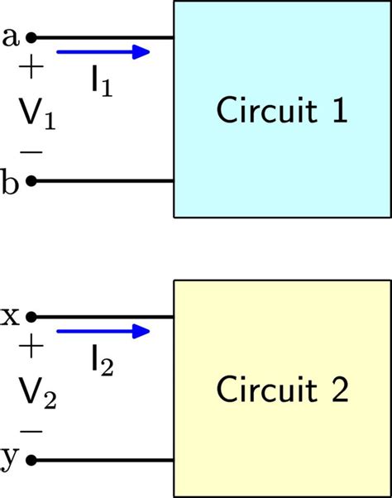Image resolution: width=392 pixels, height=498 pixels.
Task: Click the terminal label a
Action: [11, 36]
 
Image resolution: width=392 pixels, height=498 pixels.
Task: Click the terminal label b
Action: [11, 182]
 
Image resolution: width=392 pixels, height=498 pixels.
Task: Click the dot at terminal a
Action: [31, 37]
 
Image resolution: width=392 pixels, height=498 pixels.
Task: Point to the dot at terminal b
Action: [31, 180]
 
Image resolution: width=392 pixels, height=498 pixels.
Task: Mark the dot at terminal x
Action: [31, 316]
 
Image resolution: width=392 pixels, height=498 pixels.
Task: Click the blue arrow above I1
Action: [103, 53]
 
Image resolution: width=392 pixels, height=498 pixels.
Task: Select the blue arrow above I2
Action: [103, 333]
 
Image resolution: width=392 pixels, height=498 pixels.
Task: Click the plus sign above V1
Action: [31, 69]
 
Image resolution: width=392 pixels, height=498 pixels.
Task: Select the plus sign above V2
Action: [31, 347]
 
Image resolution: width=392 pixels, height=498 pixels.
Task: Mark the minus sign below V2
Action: [31, 432]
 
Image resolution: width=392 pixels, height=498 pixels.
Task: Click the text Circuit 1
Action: [280, 110]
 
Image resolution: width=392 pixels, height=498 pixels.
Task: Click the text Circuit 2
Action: [280, 389]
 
